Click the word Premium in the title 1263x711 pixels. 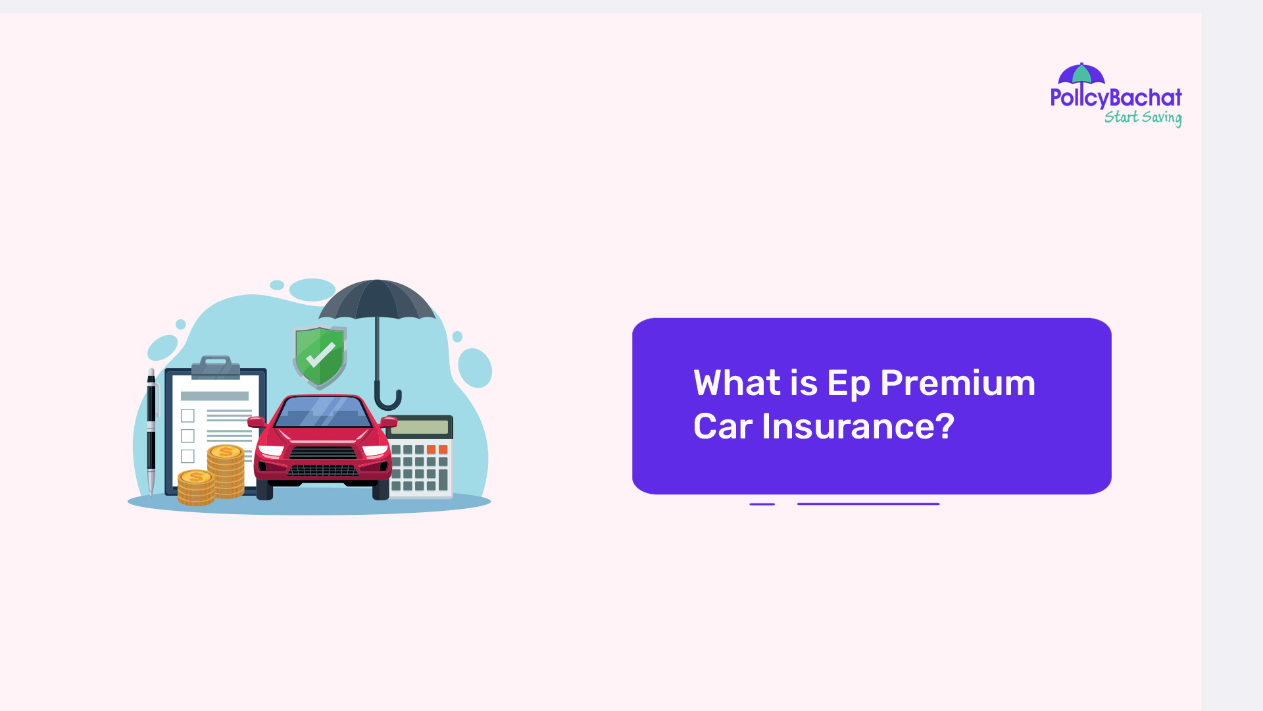(957, 383)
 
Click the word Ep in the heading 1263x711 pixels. (848, 384)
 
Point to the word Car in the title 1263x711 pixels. (722, 427)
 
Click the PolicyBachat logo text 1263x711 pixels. (1116, 98)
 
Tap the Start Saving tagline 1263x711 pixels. (1143, 118)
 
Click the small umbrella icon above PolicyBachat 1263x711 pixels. (1081, 74)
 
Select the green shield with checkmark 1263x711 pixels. (320, 356)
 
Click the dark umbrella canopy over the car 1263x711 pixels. (377, 300)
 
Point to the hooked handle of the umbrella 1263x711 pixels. (387, 399)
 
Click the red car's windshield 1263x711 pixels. (322, 412)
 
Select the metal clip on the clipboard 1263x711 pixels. (215, 367)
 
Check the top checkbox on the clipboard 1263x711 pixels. (187, 415)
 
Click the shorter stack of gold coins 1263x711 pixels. (196, 488)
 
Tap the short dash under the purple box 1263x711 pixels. (762, 504)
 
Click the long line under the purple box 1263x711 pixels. (868, 504)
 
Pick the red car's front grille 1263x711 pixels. (323, 461)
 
